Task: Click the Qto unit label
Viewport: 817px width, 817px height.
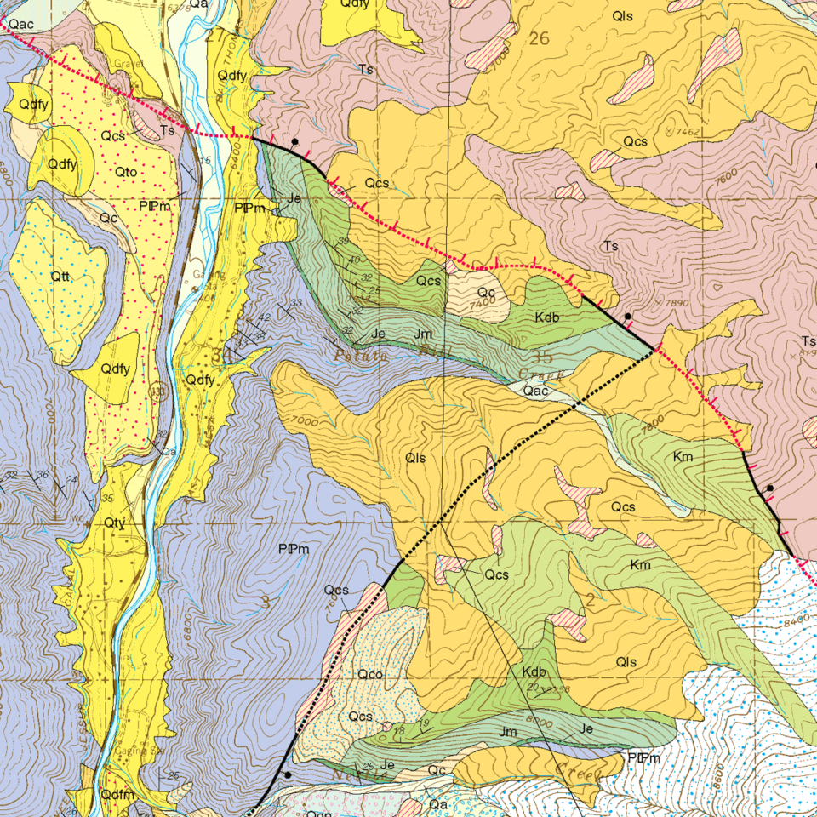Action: click(127, 172)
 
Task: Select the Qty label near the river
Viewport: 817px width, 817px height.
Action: click(115, 522)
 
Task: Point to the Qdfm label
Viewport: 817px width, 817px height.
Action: click(117, 794)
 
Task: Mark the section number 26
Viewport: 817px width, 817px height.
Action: click(539, 38)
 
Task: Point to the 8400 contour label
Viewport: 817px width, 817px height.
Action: click(797, 621)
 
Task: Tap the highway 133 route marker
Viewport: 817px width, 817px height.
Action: click(157, 391)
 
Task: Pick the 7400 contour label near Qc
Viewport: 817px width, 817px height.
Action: click(481, 303)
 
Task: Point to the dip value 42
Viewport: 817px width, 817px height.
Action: click(265, 317)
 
